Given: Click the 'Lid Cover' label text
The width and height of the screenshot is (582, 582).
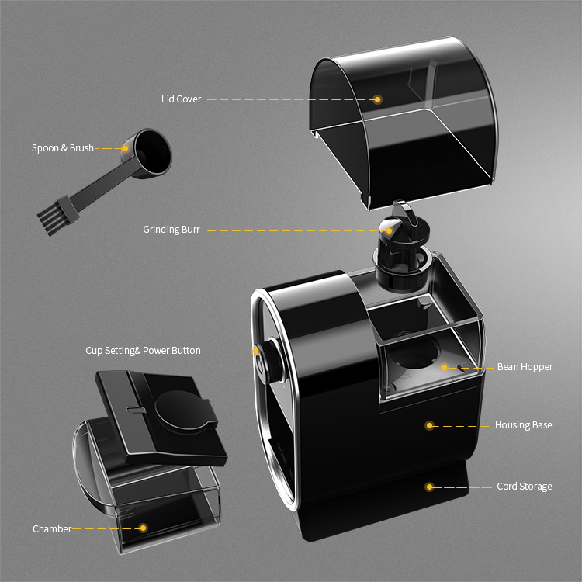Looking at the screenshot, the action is (181, 99).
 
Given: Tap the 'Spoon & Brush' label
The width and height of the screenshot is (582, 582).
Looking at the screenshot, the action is (62, 147).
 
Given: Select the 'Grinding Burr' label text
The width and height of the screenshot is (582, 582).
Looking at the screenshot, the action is (171, 230).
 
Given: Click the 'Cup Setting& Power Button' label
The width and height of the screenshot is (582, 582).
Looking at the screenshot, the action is (143, 351).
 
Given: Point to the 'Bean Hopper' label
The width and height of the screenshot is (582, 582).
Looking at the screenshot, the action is (525, 367).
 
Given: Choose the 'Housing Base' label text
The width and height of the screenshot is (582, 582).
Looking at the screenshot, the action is (523, 425).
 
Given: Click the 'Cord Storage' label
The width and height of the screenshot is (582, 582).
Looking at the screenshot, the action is (524, 487).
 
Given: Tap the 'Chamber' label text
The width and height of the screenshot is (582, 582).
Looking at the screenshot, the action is (52, 528).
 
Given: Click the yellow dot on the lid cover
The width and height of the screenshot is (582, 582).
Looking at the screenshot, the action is (378, 99).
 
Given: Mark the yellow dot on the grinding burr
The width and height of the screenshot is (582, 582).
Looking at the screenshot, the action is (390, 230).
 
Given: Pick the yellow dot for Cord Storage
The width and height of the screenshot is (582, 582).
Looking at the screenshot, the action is (428, 487).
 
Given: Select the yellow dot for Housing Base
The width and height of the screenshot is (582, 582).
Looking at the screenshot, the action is (428, 425).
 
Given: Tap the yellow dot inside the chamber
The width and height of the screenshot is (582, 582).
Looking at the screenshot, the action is (143, 528).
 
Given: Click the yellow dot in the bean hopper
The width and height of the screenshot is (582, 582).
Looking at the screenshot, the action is (445, 367).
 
